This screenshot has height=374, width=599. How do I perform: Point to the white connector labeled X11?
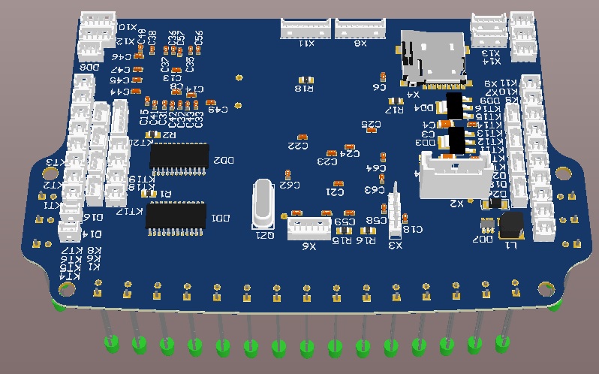point(306,29)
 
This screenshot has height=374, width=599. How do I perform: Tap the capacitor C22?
point(302,136)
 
